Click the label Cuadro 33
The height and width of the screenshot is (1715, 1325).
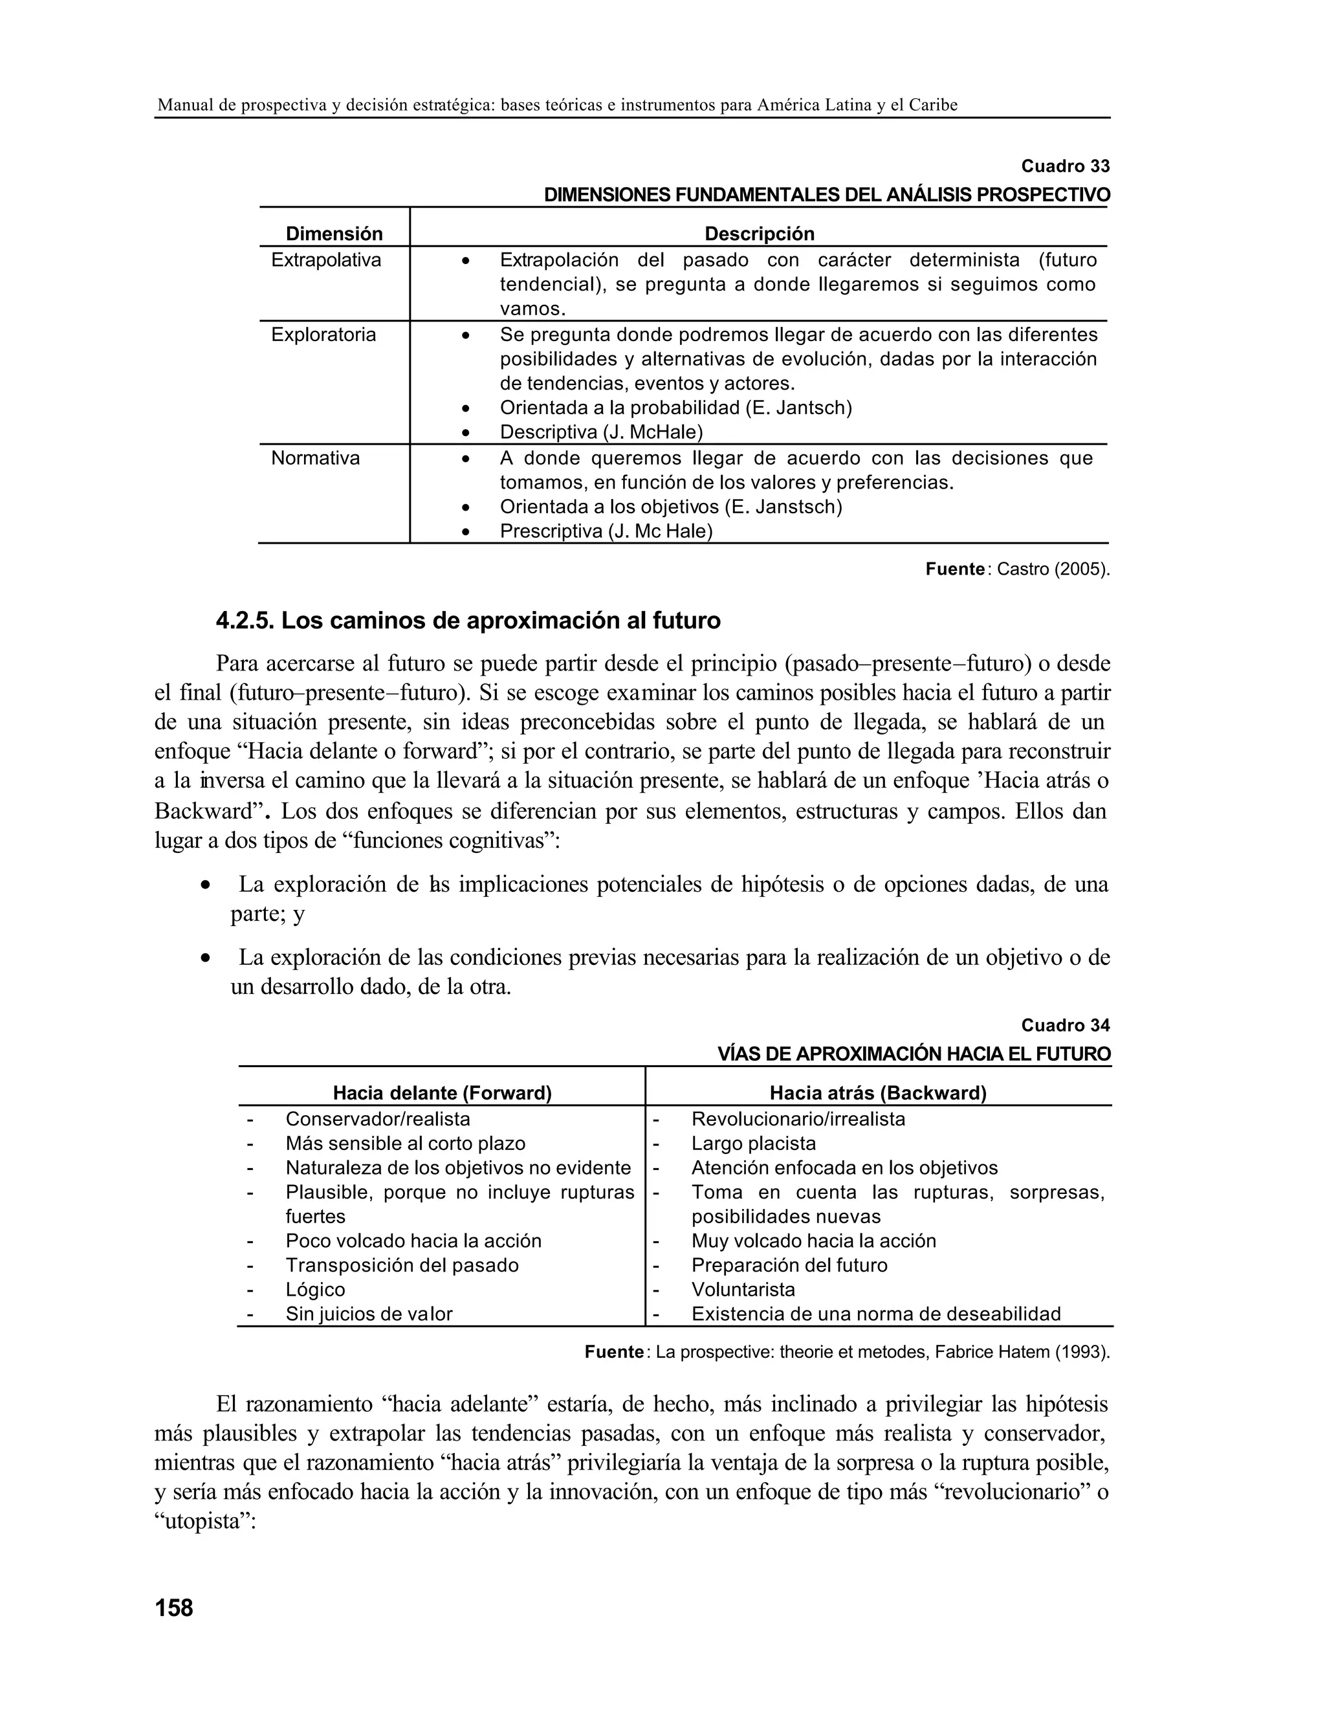[1065, 166]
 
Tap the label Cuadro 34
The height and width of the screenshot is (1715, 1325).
[1065, 1026]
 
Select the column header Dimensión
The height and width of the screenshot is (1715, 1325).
[334, 234]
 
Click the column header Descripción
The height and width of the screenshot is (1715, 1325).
[759, 234]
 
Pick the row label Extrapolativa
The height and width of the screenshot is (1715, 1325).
[326, 260]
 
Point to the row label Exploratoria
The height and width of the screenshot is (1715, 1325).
[323, 335]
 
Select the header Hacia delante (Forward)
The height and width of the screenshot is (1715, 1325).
[442, 1093]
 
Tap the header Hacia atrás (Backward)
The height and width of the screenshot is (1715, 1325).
[877, 1093]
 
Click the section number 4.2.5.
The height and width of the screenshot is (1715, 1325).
[244, 621]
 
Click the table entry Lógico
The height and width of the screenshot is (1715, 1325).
[316, 1289]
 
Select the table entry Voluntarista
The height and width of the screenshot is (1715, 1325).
[743, 1289]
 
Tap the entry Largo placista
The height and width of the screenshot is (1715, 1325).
[754, 1144]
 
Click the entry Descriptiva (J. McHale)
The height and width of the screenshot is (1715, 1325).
[600, 433]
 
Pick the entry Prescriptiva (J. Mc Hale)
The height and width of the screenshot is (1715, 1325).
[606, 531]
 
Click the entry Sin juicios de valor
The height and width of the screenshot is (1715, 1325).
[369, 1314]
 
